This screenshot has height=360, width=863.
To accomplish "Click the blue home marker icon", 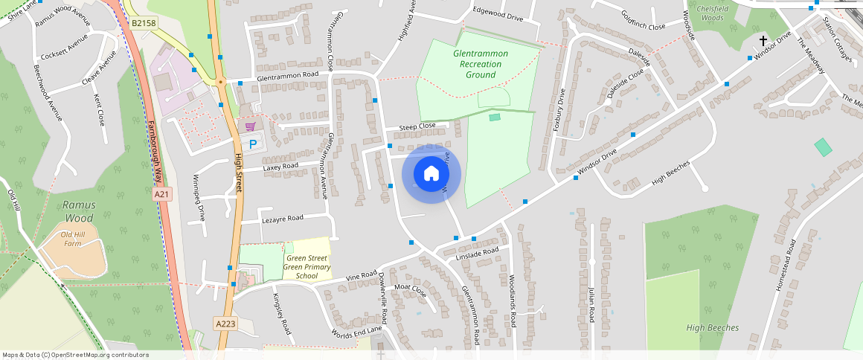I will pyautogui.click(x=431, y=174).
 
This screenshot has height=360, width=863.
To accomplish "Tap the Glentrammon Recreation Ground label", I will pyautogui.click(x=481, y=64).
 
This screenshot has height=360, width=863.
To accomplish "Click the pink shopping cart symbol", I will pyautogui.click(x=250, y=126).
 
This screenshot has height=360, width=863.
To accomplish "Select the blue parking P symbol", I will pyautogui.click(x=253, y=144).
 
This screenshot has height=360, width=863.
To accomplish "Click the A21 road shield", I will pyautogui.click(x=161, y=194).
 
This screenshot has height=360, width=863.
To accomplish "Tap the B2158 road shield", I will pyautogui.click(x=144, y=24).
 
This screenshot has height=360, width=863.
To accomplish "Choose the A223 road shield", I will pyautogui.click(x=225, y=324).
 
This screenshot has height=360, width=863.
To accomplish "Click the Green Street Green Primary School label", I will pyautogui.click(x=307, y=267).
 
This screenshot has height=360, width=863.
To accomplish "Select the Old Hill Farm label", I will pyautogui.click(x=72, y=239).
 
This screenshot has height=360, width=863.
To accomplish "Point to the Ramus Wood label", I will pyautogui.click(x=78, y=211).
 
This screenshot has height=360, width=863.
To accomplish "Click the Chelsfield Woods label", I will pyautogui.click(x=712, y=12).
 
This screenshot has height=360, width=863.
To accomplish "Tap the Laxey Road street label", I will pyautogui.click(x=280, y=167).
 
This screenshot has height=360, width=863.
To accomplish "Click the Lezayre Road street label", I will pyautogui.click(x=283, y=219).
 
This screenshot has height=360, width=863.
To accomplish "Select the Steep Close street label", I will pyautogui.click(x=417, y=126).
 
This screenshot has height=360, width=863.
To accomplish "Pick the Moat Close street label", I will pyautogui.click(x=411, y=289).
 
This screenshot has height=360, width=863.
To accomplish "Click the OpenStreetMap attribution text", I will pyautogui.click(x=75, y=355).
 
